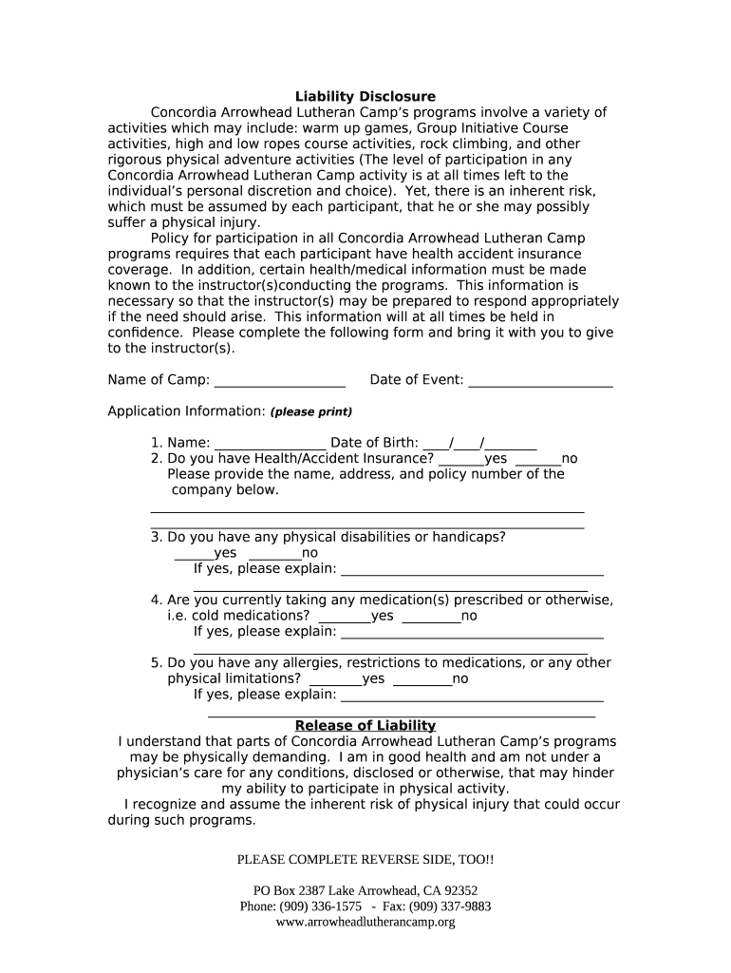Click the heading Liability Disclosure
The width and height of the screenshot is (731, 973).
coord(365,97)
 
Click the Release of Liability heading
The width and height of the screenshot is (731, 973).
coord(365,726)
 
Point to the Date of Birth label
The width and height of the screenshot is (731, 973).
coord(374,443)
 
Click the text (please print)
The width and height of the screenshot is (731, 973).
coord(311,412)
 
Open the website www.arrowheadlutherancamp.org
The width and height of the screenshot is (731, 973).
coord(365,922)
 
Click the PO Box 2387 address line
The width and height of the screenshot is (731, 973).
coord(365,891)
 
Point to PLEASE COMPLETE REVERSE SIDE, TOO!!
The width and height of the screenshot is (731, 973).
coord(365,860)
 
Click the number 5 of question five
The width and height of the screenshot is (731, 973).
coord(155,663)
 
